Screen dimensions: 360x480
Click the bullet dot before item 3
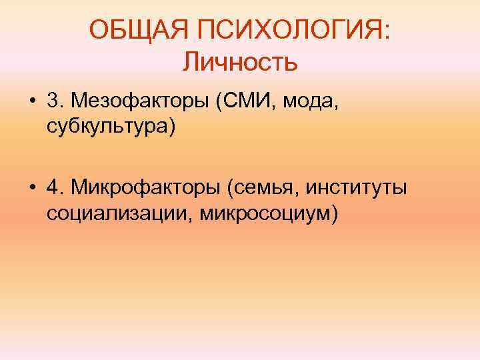(32, 101)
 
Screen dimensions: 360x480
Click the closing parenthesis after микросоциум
(335, 213)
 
